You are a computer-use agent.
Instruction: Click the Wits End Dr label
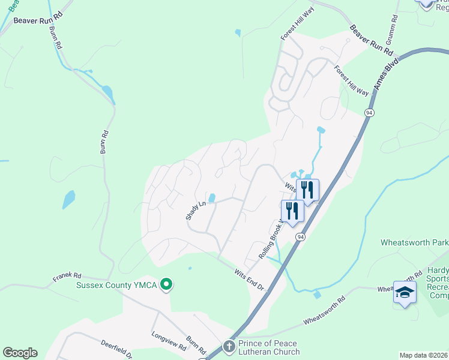(x=249, y=280)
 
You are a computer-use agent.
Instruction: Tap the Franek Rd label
(x=66, y=278)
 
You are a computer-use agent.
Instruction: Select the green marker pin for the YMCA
(x=167, y=284)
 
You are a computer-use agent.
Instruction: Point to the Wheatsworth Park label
(x=414, y=243)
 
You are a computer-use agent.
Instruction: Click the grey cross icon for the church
(x=229, y=346)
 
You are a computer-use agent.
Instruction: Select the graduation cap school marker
(x=405, y=292)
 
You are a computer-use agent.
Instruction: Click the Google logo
(x=20, y=353)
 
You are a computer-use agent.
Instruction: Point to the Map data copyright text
(x=424, y=355)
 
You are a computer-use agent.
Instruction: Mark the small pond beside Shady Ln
(x=212, y=197)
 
